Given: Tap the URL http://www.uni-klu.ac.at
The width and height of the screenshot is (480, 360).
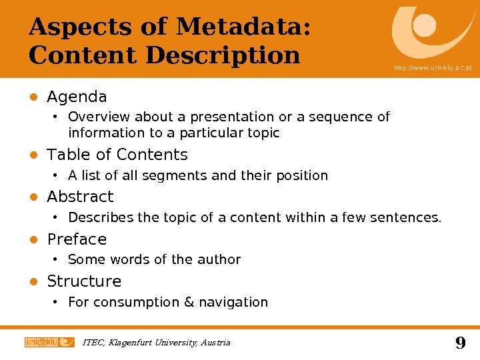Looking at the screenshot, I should tap(433, 68).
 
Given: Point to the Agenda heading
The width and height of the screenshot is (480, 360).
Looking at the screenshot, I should tap(77, 97).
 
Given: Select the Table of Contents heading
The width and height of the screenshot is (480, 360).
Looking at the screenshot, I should tap(117, 155).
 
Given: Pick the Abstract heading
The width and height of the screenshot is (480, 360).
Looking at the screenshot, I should tap(80, 197).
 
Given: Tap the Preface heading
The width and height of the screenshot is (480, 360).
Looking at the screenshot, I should tap(77, 239).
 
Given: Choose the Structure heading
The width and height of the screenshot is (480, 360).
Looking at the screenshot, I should tap(84, 281).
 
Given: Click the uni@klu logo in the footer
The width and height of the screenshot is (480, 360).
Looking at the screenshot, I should tap(49, 342).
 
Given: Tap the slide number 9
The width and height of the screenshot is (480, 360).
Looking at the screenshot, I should tap(460, 343).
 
